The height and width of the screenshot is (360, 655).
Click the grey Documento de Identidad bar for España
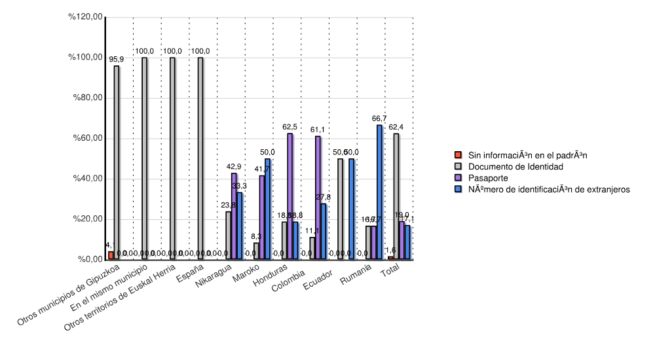coord(200,159)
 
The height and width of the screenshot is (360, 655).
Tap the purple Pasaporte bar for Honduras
coord(290,196)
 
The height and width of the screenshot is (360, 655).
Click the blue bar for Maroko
coord(267,209)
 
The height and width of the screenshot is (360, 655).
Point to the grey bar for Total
coord(396,196)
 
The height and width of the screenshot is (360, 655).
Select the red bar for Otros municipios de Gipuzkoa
coord(111,255)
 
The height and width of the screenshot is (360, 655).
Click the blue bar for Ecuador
coord(352,209)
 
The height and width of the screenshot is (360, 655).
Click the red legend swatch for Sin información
coord(458,155)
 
